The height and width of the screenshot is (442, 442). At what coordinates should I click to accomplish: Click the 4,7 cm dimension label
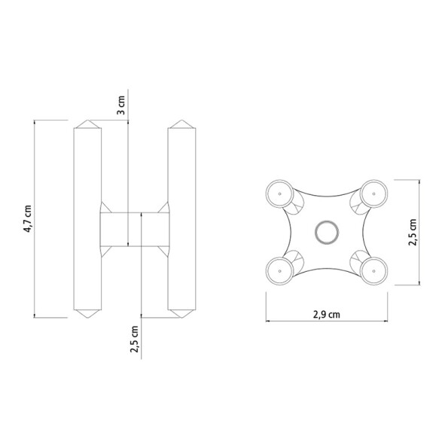(x=27, y=218)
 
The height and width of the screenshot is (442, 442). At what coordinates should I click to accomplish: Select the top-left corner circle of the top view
(x=280, y=194)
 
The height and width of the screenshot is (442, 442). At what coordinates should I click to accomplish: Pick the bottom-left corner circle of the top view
(x=280, y=269)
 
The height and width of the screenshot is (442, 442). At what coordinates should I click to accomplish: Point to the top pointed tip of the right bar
(x=181, y=122)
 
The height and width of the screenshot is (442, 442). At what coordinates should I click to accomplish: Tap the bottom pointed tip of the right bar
(x=181, y=312)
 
